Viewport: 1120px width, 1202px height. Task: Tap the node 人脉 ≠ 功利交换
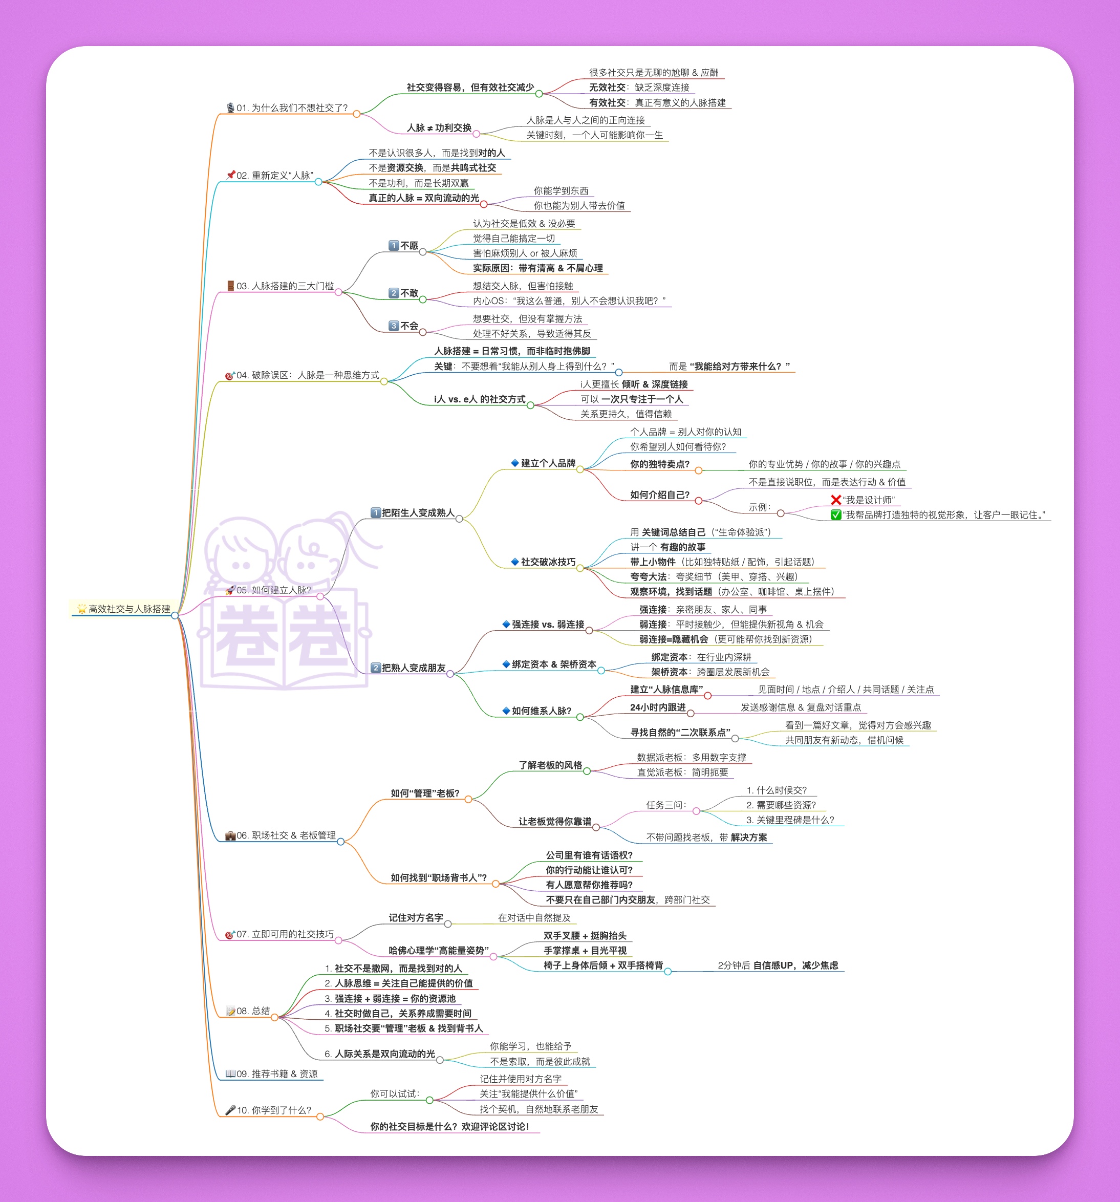tap(439, 127)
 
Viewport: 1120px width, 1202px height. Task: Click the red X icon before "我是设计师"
tap(835, 500)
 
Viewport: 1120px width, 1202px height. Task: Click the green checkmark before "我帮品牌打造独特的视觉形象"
tap(835, 514)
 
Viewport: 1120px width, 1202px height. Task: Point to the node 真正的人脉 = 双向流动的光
tap(423, 198)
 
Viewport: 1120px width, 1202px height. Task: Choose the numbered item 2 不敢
tap(403, 293)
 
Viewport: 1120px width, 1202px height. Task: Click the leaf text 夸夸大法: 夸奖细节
tap(713, 577)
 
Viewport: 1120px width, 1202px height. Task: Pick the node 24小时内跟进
tap(657, 707)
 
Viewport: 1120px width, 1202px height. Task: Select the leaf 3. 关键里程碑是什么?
tap(789, 820)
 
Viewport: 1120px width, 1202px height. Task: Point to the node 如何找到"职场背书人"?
tap(438, 877)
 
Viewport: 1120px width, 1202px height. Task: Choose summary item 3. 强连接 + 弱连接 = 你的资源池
tap(390, 998)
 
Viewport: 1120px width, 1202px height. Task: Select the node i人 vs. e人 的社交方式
tap(479, 399)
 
